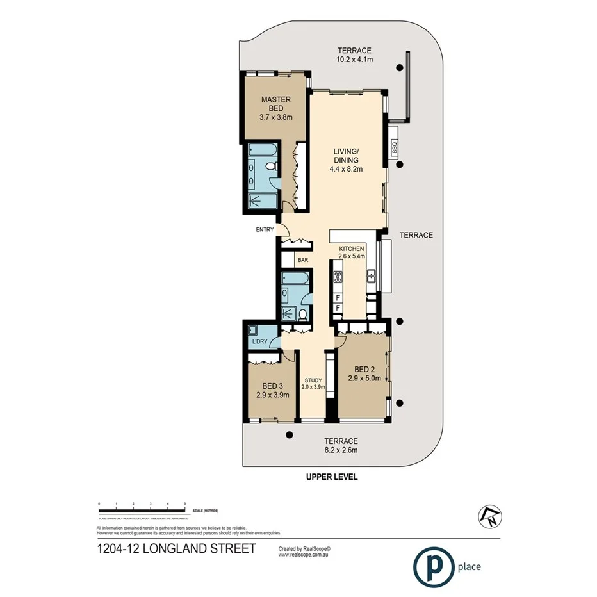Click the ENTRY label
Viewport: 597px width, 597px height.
(x=265, y=229)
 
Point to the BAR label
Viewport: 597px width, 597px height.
(x=303, y=261)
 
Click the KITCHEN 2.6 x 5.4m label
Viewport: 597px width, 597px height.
(x=352, y=252)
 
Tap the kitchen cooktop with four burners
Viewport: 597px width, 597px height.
(x=338, y=277)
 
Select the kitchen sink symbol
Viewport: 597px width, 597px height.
(x=371, y=277)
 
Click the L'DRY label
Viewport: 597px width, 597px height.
(x=259, y=341)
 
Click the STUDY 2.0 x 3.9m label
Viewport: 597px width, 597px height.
(x=313, y=384)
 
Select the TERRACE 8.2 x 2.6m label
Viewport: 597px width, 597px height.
(x=340, y=445)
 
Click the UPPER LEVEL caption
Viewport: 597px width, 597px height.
(x=332, y=477)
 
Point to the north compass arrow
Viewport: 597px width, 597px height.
(x=489, y=516)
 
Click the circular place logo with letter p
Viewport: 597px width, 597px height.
(x=432, y=566)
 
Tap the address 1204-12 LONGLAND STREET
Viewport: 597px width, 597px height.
(x=176, y=548)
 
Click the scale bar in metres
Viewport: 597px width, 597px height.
(x=142, y=511)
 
